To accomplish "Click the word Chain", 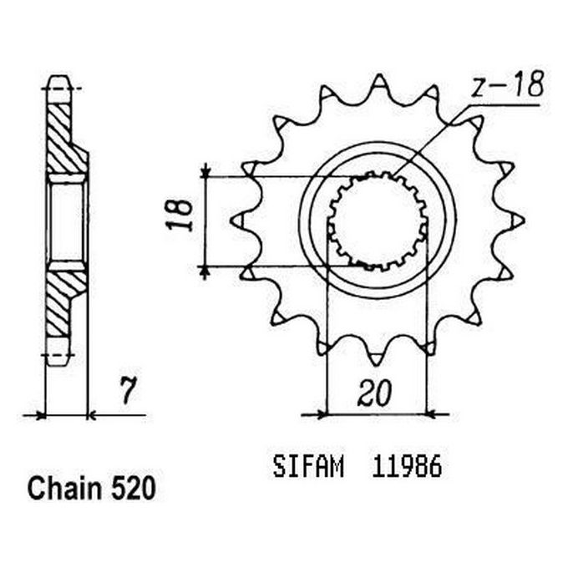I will click(x=61, y=489).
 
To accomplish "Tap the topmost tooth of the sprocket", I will click(x=378, y=83).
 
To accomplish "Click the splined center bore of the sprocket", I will click(x=378, y=221).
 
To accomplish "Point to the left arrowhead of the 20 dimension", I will click(x=319, y=413).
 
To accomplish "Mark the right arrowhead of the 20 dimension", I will click(x=433, y=413).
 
